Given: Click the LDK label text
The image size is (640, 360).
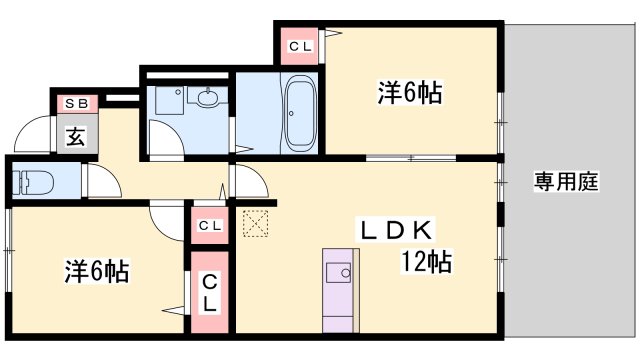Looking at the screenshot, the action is [396, 230].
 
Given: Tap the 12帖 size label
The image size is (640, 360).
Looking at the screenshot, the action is [427, 261].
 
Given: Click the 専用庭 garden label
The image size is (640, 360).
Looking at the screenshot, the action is [566, 181].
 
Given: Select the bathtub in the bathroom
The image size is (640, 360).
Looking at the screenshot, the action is [301, 113].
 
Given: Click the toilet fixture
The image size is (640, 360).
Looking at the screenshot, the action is [33, 182].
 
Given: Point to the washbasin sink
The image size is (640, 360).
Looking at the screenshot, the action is [207, 97].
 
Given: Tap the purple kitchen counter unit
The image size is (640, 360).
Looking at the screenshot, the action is [338, 291].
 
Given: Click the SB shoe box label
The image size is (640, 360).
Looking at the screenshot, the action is [77, 104].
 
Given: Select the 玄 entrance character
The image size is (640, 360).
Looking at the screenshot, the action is [76, 136].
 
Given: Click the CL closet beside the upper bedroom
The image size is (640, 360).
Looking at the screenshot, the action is [300, 46].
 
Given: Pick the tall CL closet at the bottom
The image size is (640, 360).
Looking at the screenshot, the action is [209, 292].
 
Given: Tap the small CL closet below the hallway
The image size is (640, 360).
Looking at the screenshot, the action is [210, 225].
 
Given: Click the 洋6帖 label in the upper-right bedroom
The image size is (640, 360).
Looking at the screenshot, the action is [409, 93].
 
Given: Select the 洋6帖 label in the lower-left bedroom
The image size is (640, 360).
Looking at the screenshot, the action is [97, 271].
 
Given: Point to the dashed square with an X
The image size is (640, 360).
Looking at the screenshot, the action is [256, 223].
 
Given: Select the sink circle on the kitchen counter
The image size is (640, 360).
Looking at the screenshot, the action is [346, 273].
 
